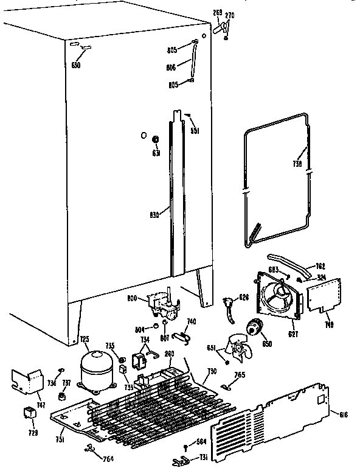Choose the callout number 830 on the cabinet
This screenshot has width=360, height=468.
tap(155, 214)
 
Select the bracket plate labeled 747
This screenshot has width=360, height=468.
tap(26, 382)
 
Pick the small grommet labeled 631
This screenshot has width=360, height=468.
tap(155, 141)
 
